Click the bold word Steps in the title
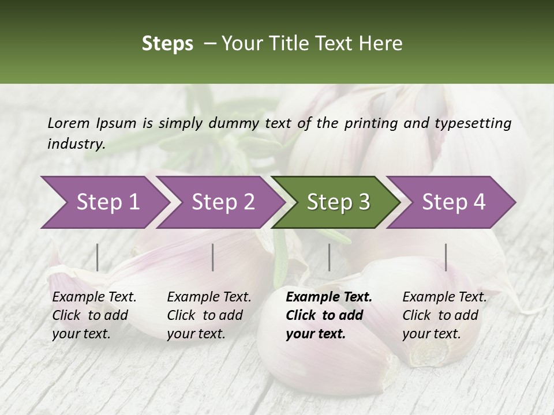click(x=167, y=44)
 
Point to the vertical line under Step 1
click(x=98, y=257)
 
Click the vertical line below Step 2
click(x=213, y=257)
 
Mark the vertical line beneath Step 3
click(x=329, y=257)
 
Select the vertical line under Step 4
click(x=446, y=257)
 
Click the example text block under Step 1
click(x=94, y=315)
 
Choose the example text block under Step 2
click(x=209, y=315)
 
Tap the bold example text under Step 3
click(x=329, y=315)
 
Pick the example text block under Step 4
click(x=444, y=315)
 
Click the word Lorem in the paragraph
click(x=69, y=123)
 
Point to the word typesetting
click(x=473, y=123)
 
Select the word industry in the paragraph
click(x=76, y=144)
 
